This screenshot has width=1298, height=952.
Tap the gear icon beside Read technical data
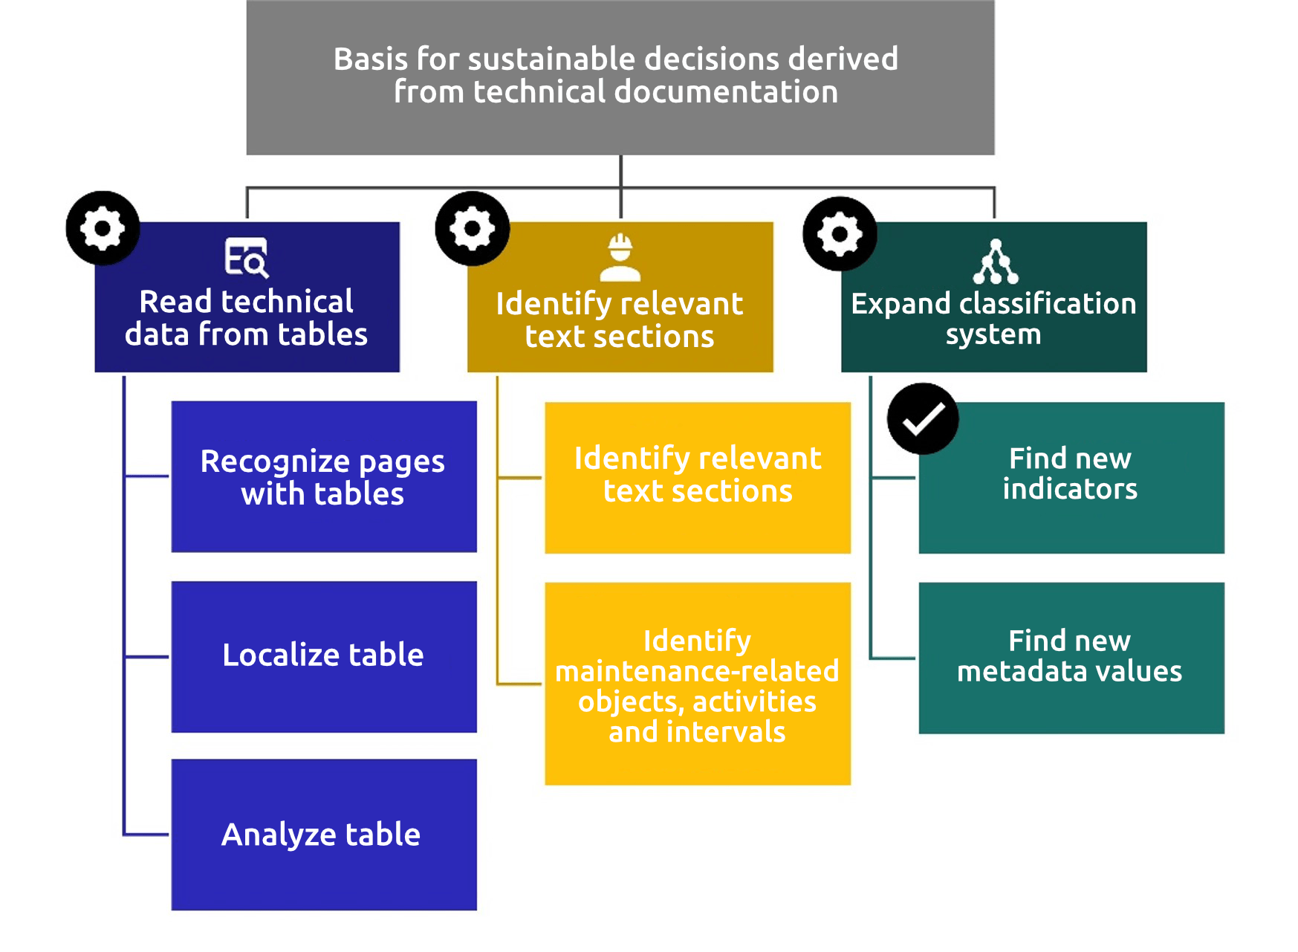tap(103, 228)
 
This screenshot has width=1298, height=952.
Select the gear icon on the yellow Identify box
tap(472, 228)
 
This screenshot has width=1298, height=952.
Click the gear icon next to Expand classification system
tap(840, 233)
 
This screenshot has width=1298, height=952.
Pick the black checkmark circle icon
tap(923, 419)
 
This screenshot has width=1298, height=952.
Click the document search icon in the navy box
tap(246, 257)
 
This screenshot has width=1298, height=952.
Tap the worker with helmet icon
tap(620, 257)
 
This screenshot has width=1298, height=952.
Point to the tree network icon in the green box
tap(995, 262)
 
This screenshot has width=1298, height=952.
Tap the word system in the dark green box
tap(993, 334)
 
